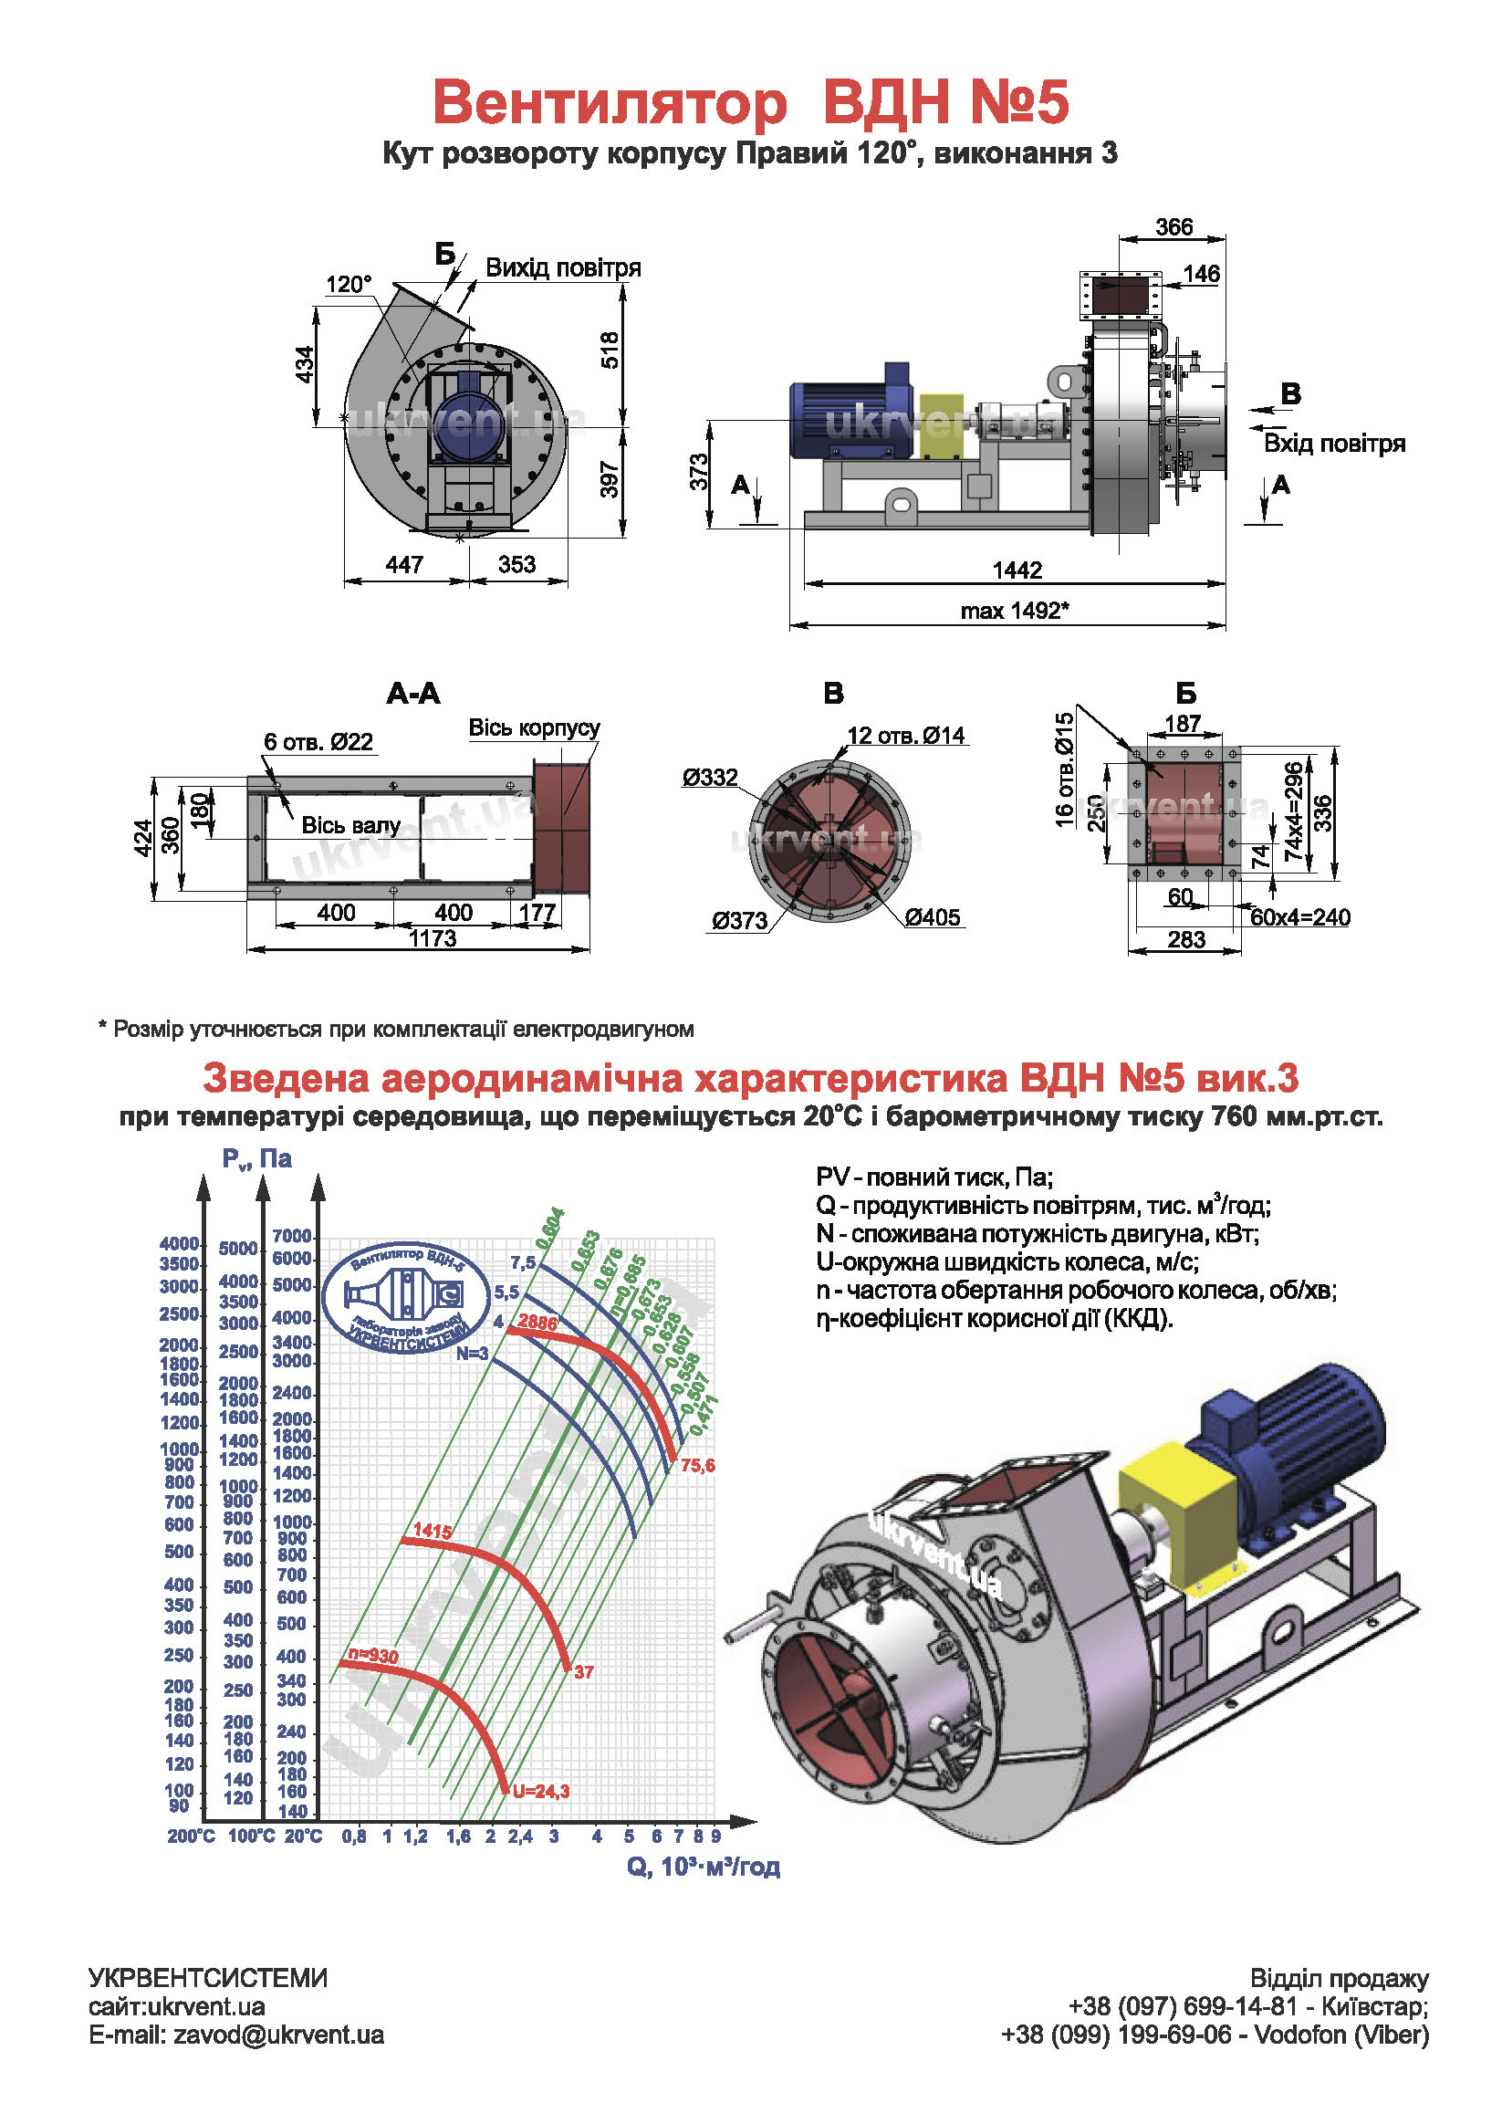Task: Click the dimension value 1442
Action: click(1017, 570)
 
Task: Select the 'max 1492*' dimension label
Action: click(1015, 611)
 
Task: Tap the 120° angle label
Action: click(348, 284)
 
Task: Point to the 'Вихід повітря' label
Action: click(562, 268)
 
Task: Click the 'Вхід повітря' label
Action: click(1334, 443)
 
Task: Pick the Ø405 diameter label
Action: click(933, 917)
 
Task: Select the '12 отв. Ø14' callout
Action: click(905, 736)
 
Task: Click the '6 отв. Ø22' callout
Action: click(318, 742)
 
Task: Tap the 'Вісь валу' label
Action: click(350, 825)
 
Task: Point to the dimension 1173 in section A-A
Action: click(433, 938)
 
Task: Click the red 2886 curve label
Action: click(537, 1322)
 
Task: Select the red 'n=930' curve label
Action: click(372, 1655)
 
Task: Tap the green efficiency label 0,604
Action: click(550, 1229)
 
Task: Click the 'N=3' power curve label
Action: click(472, 1354)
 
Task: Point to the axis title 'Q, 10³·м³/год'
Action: click(703, 1867)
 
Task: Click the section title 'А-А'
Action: click(412, 694)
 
